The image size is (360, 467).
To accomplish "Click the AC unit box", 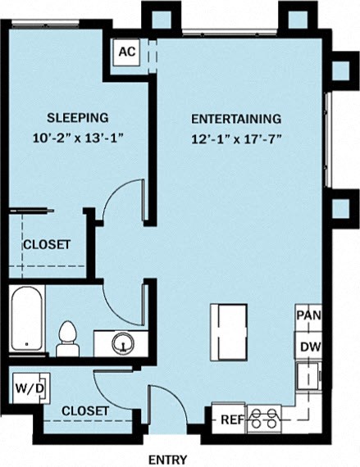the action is click(x=127, y=52).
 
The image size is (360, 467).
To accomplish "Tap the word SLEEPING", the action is click(x=77, y=118).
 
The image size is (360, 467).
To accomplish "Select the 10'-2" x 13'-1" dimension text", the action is click(x=78, y=138).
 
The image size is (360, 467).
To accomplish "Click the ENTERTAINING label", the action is click(x=236, y=119).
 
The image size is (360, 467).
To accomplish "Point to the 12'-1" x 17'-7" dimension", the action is click(x=236, y=139).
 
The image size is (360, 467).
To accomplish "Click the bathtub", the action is click(x=26, y=318).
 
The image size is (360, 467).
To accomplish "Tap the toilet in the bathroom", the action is click(x=67, y=339).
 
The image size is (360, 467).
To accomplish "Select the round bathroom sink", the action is click(x=123, y=343).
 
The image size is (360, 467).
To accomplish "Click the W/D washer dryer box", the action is click(x=31, y=388).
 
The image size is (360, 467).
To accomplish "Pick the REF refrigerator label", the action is click(x=231, y=419).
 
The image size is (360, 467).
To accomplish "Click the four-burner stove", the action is click(x=264, y=419).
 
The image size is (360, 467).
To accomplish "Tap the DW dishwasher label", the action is click(x=310, y=347).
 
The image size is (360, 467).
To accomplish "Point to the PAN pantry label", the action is click(x=309, y=315).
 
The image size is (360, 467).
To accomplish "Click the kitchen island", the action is click(x=229, y=333).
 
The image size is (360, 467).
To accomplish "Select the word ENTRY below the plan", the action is click(x=168, y=460).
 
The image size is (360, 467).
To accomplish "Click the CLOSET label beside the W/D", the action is click(x=85, y=411).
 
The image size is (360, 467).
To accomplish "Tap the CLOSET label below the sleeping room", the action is click(x=47, y=244).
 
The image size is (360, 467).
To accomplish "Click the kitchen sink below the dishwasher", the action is click(x=308, y=376).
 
